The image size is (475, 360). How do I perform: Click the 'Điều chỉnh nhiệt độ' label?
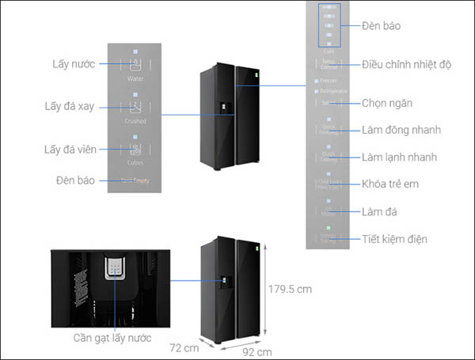point(406,64)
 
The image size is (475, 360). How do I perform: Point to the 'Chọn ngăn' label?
point(387,103)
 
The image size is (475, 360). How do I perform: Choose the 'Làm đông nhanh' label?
point(401,130)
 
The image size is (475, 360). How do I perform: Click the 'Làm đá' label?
point(380,211)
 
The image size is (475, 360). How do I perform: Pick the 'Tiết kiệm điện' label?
point(395,239)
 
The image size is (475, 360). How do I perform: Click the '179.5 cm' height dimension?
point(289,289)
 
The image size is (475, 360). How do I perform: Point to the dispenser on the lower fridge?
point(226,281)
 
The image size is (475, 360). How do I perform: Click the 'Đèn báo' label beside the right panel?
point(381,25)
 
